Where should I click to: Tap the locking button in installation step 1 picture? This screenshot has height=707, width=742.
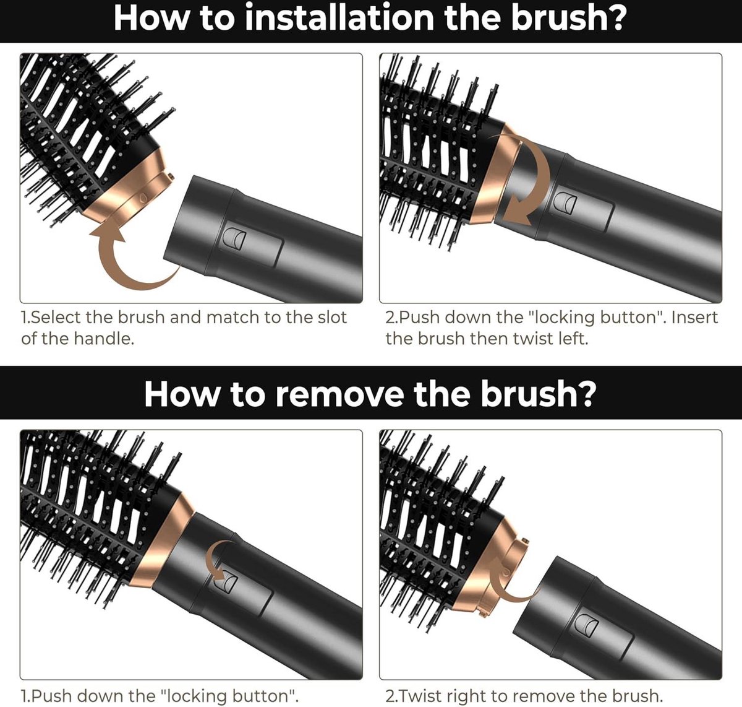click(234, 239)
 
